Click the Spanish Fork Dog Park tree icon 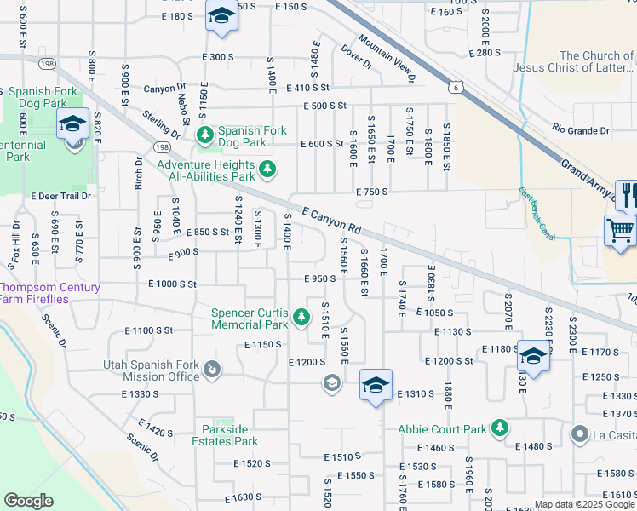tap(204, 135)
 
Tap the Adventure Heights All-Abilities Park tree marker tap(267, 169)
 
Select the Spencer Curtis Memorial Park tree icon tap(301, 318)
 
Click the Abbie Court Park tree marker tap(500, 428)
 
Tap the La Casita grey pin tap(580, 435)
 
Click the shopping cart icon tap(619, 230)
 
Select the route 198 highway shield tap(47, 64)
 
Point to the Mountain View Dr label tap(386, 59)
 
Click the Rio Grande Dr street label tap(580, 131)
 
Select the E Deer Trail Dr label tap(60, 196)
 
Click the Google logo tap(28, 501)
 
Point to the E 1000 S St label tap(172, 284)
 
